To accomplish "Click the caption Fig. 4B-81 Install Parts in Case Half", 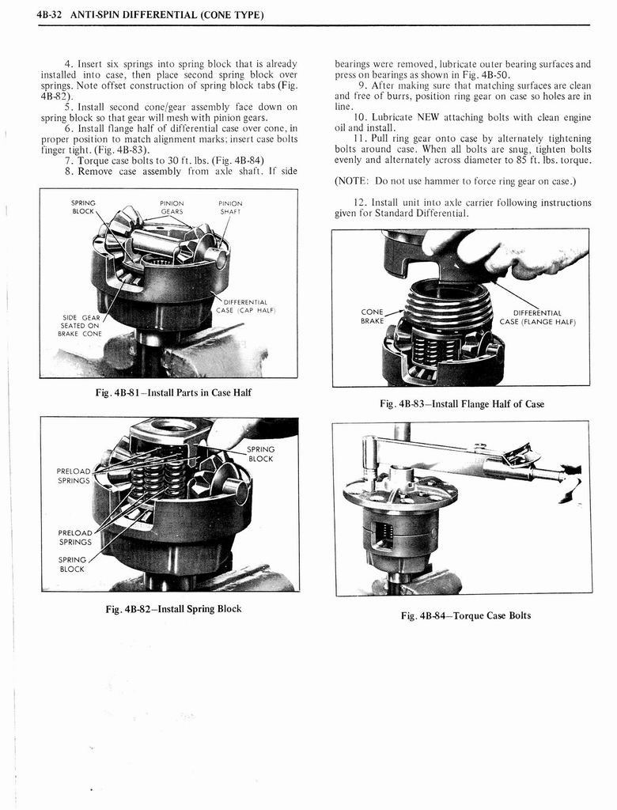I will [172, 393].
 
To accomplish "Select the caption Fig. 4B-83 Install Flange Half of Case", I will [462, 403].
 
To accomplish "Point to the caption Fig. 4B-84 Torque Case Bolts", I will [465, 615].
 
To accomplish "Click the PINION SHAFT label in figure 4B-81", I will [230, 207].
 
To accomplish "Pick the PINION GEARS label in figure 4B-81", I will [172, 207].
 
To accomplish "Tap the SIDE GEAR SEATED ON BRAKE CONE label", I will [80, 325].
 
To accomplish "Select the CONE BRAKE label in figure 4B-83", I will [372, 316].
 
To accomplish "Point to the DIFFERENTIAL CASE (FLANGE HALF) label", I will [537, 317].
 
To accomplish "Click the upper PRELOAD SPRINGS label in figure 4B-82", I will [73, 475].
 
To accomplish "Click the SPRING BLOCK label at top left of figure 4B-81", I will [83, 207].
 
